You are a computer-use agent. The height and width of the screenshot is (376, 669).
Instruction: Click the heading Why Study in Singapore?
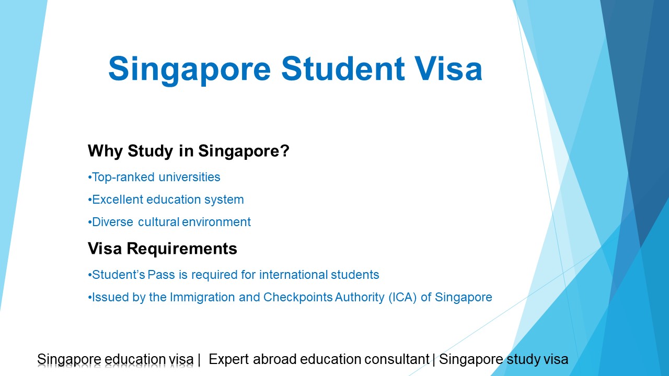click(189, 151)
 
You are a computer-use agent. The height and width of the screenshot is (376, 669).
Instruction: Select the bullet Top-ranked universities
click(156, 177)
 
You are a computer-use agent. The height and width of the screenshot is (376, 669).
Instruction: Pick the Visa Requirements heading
click(163, 249)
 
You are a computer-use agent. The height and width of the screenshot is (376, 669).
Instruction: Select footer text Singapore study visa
click(503, 359)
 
